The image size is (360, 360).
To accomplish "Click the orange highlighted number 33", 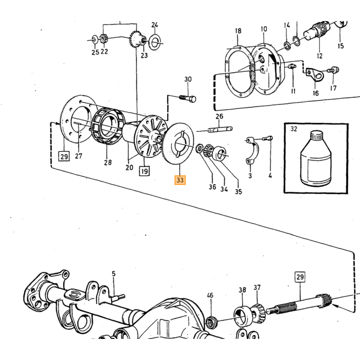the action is tap(180, 180).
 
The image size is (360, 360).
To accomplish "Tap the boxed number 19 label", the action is tap(145, 171).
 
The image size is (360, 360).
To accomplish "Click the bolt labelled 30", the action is tap(188, 99).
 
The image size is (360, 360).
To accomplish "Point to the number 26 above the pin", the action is tap(219, 116).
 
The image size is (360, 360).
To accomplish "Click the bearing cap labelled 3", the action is tap(253, 150).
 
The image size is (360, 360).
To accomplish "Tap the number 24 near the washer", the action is tap(155, 25).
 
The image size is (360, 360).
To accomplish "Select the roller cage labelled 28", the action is tap(109, 126).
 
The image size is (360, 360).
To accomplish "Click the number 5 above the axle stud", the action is tap(114, 274).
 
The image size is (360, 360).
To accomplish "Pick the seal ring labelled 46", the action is tap(210, 322).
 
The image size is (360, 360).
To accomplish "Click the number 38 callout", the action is tap(242, 290).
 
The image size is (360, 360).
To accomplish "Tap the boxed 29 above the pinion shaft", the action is tap(300, 277).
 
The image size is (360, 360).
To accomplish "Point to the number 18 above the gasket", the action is tap(238, 31).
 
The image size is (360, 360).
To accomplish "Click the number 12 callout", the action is tap(319, 56).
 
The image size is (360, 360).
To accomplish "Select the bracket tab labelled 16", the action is tap(315, 75).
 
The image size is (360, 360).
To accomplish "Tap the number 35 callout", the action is tap(238, 191).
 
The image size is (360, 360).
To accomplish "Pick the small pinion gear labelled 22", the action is tap(104, 39).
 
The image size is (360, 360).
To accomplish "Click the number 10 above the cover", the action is tap(264, 29).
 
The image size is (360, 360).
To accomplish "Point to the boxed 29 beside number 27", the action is tap(64, 156).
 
